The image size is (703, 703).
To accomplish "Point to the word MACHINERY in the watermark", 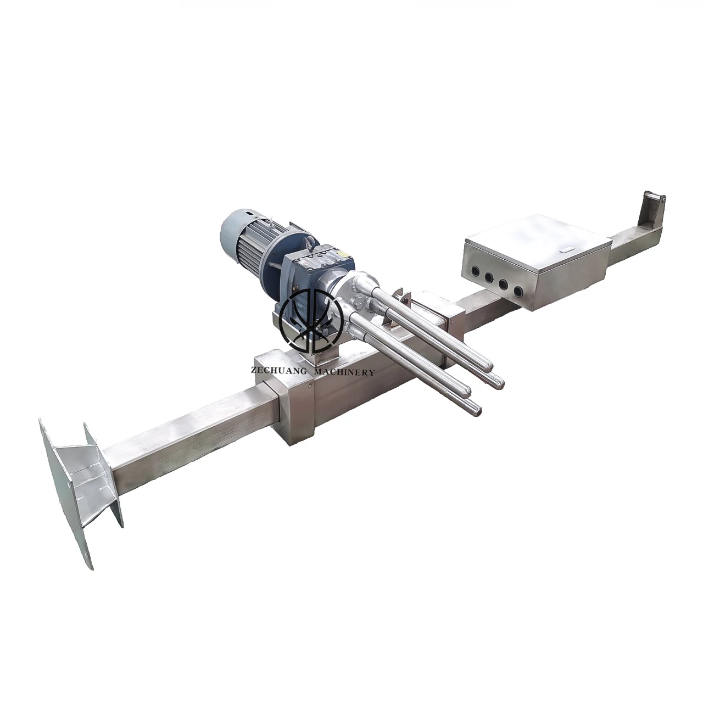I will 343,372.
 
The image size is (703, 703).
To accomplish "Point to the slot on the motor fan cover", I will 250,212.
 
